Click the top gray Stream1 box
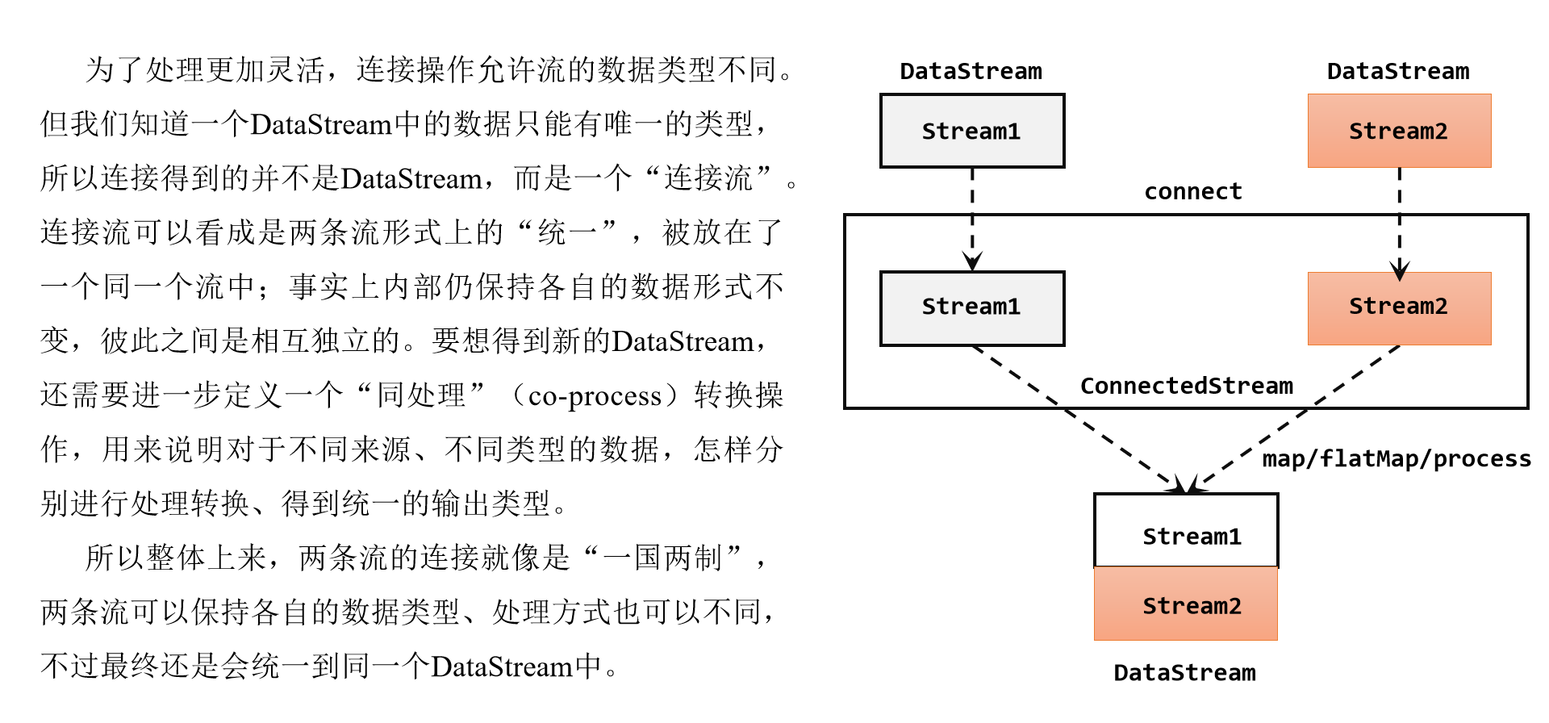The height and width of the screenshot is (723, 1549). [972, 131]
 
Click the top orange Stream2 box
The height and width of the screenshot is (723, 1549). [1399, 131]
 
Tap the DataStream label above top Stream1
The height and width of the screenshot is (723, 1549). [971, 71]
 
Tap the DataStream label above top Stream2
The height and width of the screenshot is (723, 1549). [1398, 71]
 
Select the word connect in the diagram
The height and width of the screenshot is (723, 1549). [1193, 192]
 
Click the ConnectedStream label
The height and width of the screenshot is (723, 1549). [1187, 387]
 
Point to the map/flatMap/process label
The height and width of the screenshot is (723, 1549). [1397, 459]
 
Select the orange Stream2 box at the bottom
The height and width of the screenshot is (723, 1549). [1186, 604]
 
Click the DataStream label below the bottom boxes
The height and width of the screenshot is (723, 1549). [1184, 673]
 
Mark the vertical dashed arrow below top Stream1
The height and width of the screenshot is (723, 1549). [972, 218]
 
